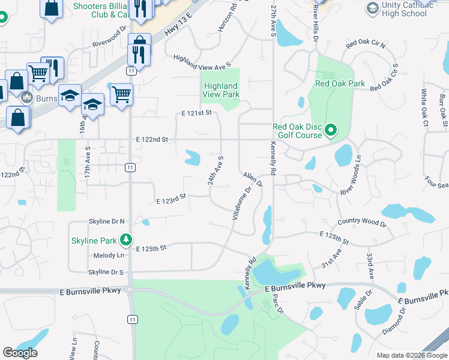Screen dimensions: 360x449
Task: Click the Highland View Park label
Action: (221, 90)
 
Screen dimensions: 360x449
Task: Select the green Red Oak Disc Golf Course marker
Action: (330, 130)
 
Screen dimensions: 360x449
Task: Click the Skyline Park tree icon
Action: (125, 241)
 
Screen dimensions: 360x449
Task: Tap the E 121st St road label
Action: (197, 113)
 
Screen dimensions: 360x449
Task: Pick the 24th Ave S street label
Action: (216, 170)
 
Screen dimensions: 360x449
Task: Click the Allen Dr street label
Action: (253, 179)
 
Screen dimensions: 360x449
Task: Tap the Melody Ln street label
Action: (109, 255)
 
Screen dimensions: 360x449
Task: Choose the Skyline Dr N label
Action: (106, 221)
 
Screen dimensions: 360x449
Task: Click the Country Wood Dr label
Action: (362, 223)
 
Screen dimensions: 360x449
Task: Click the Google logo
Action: (20, 353)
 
